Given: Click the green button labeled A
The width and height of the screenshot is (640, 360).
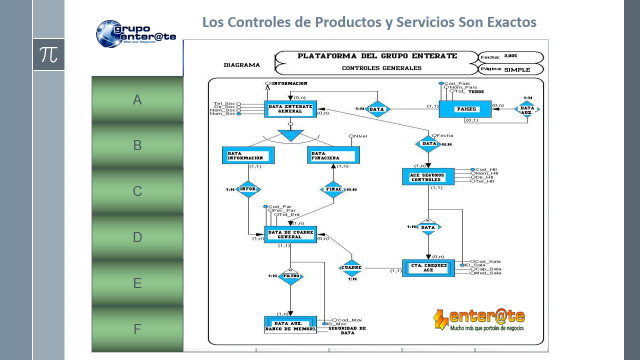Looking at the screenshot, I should point(137,100).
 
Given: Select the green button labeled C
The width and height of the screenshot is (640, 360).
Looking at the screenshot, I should point(137,191).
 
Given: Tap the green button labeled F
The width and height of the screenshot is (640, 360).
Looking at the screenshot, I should point(137,329).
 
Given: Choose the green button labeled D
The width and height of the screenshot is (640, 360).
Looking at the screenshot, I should point(137,237).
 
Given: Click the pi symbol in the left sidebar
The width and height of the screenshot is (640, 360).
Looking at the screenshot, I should point(47,55).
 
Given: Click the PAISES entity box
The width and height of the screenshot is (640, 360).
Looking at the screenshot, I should point(467,108).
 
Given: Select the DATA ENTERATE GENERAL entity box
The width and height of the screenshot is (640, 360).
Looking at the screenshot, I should point(288,109).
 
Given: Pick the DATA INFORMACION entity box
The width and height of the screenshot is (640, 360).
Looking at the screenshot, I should point(246,155).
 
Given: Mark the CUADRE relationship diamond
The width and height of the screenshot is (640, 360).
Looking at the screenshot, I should point(351,267).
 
